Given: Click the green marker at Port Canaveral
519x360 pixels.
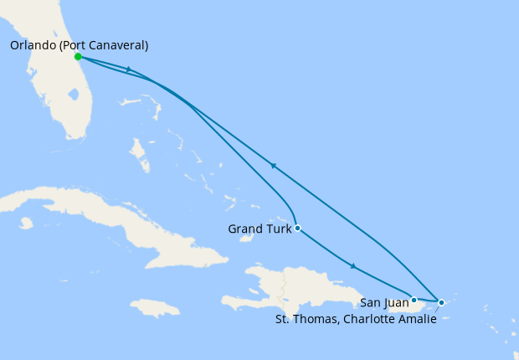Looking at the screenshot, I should click(78, 57).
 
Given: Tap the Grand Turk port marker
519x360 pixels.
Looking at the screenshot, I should click(297, 228).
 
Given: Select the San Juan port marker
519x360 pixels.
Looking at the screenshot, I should click(414, 300).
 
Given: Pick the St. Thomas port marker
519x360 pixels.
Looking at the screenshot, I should click(441, 302).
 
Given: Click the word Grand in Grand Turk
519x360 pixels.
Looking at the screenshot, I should click(244, 229).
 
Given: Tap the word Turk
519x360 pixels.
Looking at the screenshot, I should click(277, 229).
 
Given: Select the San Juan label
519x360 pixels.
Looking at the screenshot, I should click(384, 302).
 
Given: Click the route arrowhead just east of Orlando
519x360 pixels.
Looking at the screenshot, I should click(128, 69).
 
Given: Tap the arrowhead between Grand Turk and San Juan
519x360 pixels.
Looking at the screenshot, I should click(353, 266).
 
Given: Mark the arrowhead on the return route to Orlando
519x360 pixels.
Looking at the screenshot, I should click(272, 166).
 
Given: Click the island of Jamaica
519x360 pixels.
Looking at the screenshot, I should click(155, 308).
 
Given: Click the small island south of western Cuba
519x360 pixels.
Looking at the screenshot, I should click(25, 224).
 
